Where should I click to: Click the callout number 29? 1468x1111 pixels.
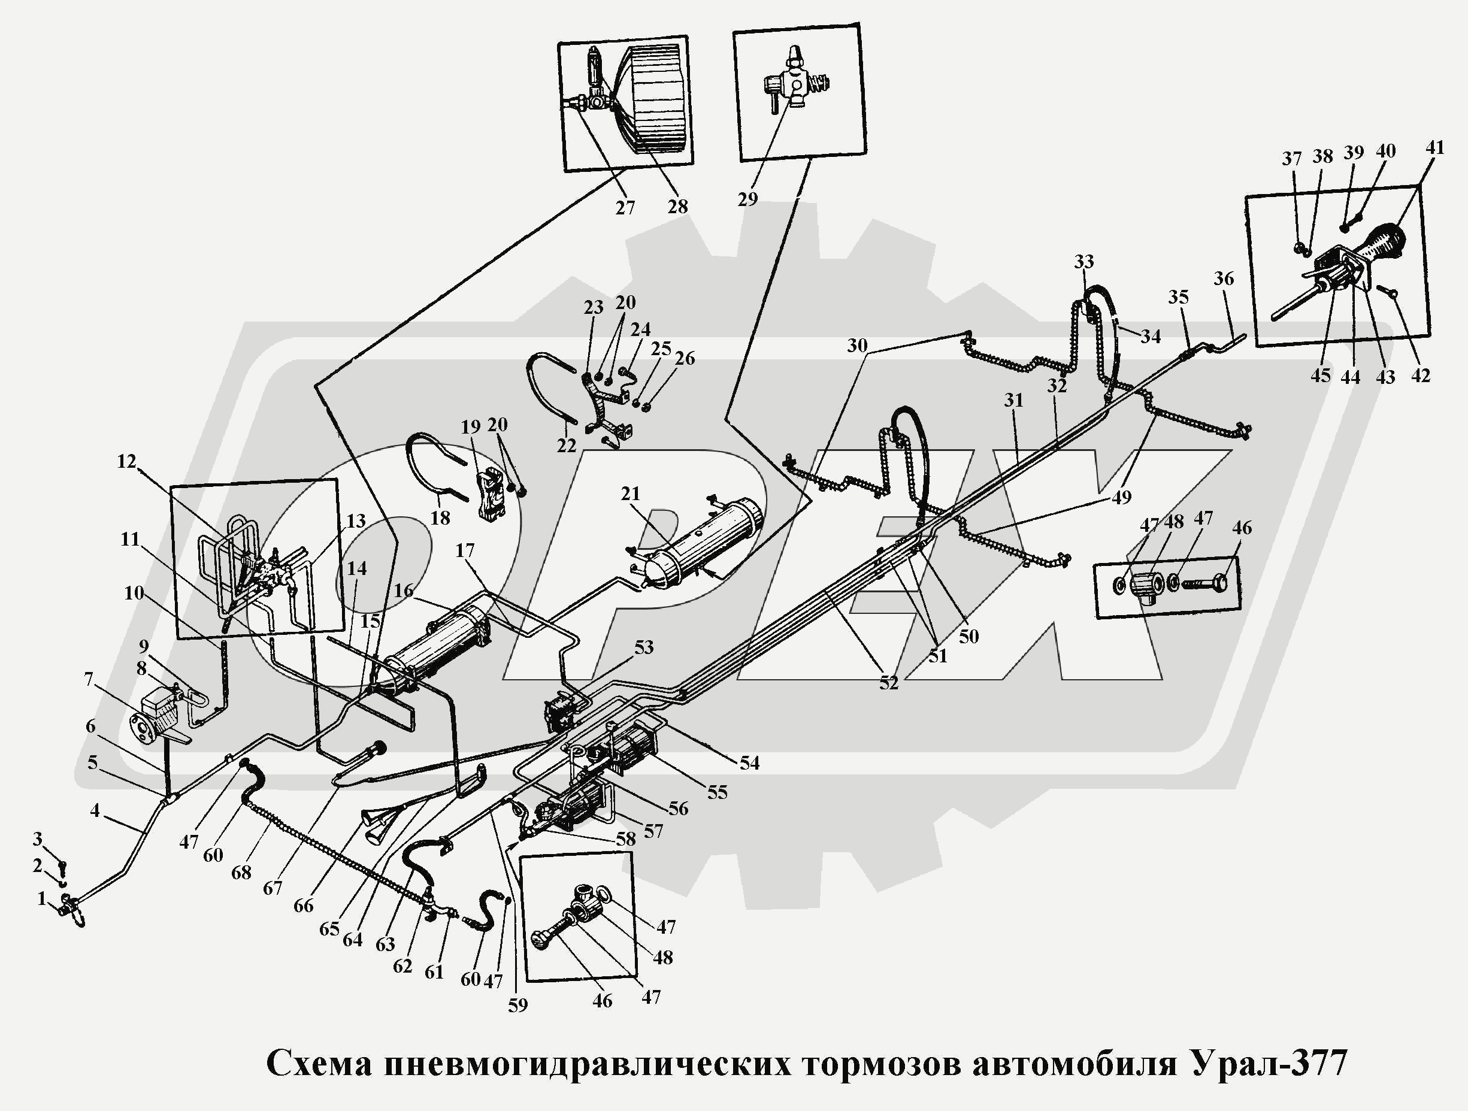[747, 198]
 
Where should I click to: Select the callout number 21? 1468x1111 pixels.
[630, 493]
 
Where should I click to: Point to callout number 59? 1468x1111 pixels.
[517, 1005]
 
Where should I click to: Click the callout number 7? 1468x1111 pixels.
[88, 679]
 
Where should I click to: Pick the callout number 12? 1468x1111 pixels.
[126, 461]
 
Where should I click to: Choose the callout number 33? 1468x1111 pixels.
[1083, 262]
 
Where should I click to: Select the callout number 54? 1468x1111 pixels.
[749, 763]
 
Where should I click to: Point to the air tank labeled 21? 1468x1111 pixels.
[704, 541]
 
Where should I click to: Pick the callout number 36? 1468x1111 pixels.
[1223, 278]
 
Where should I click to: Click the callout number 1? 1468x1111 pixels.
[41, 898]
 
